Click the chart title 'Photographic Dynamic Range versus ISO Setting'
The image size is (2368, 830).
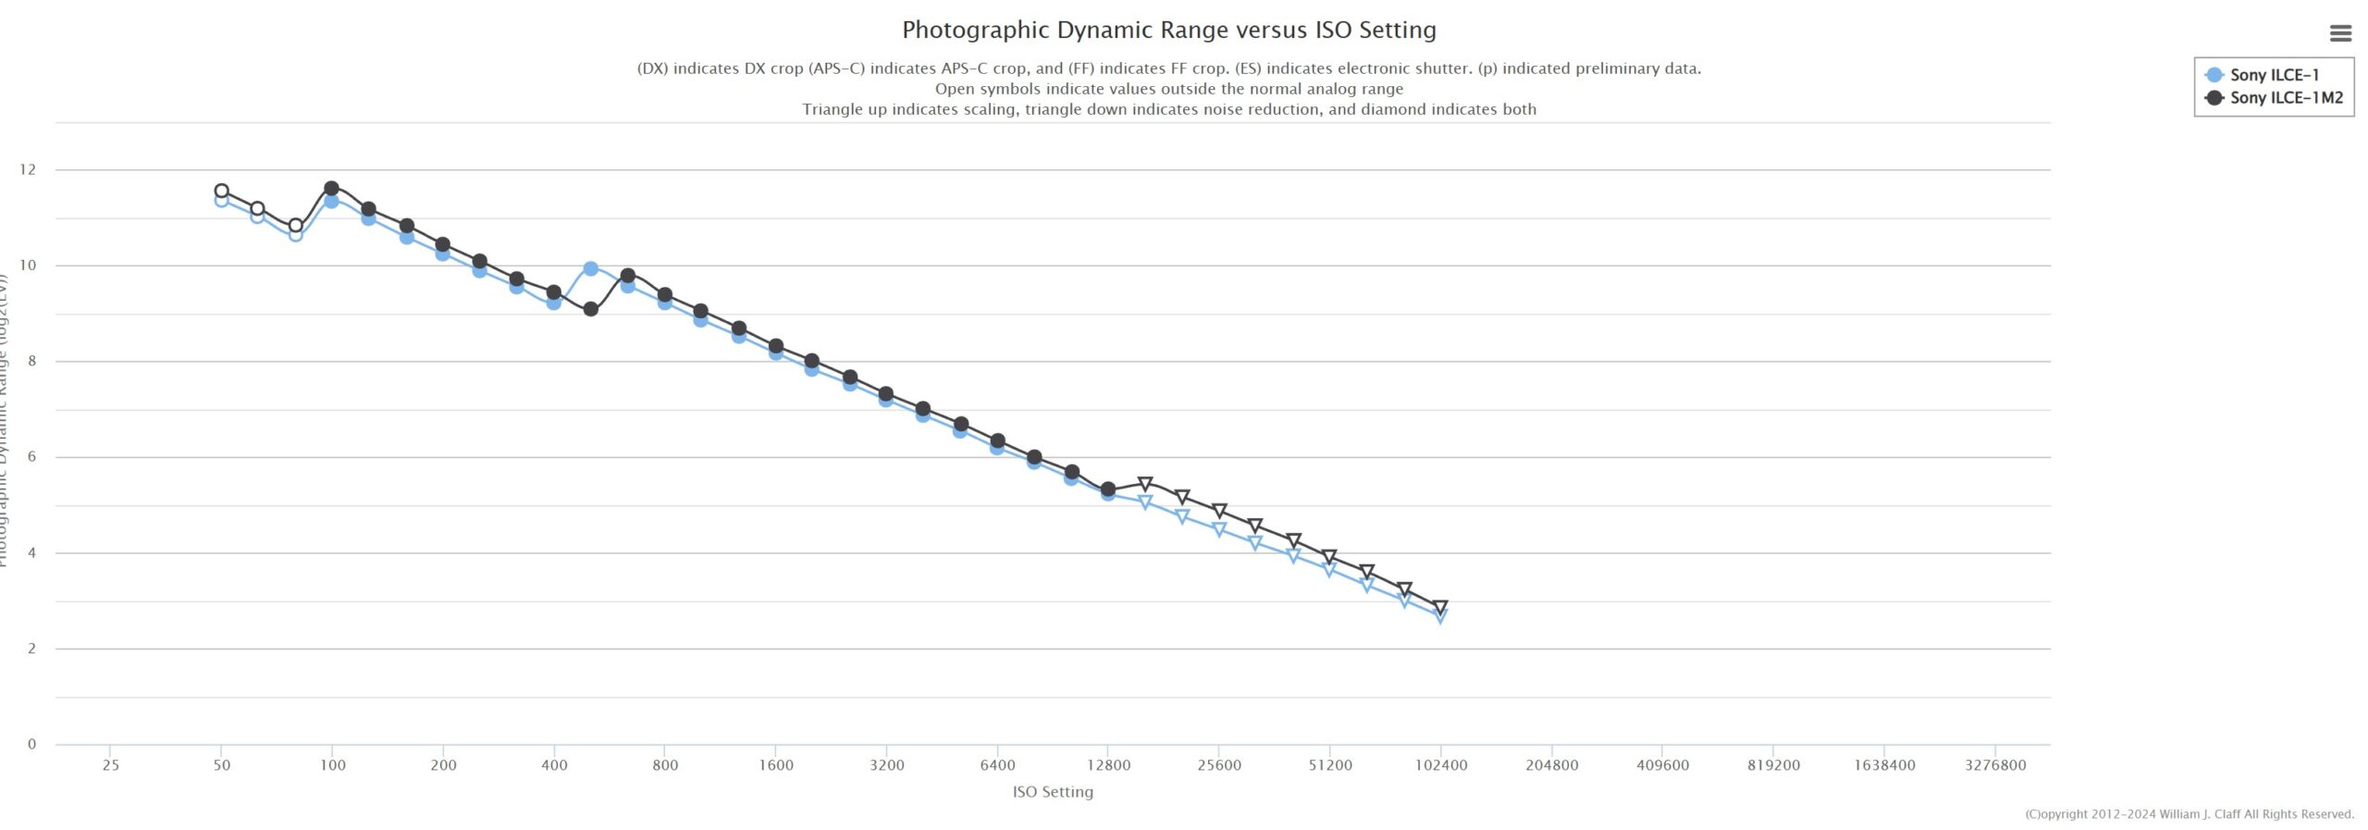pos(1168,30)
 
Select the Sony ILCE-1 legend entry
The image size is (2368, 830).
pos(2274,75)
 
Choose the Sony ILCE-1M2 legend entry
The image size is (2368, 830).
pos(2285,97)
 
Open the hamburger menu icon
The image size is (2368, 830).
pos(2340,33)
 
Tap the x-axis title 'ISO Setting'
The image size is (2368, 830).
pos(1053,791)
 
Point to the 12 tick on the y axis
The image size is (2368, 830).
pos(28,169)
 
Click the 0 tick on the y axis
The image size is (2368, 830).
pos(31,744)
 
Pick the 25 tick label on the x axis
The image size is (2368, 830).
pos(110,765)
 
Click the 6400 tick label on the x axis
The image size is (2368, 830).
pos(997,765)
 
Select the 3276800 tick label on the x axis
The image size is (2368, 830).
pos(1995,765)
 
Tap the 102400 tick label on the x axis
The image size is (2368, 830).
pos(1441,765)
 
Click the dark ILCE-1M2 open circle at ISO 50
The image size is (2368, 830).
pos(221,191)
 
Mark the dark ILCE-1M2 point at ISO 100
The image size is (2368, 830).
pos(332,189)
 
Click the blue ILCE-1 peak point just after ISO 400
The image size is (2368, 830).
pos(590,268)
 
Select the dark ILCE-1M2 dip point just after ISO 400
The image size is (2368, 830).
pos(590,309)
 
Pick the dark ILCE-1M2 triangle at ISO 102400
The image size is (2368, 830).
pos(1439,608)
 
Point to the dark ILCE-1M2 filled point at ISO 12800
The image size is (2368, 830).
pos(1108,489)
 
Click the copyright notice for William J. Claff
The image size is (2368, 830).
pos(2189,814)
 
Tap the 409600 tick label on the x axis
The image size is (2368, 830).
pos(1662,765)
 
